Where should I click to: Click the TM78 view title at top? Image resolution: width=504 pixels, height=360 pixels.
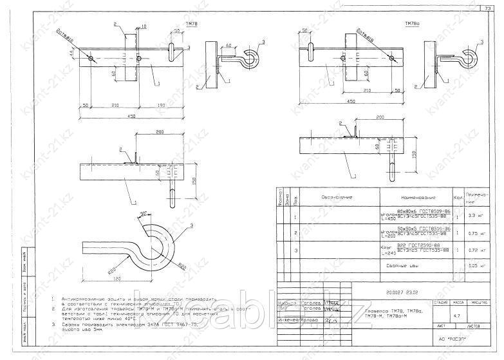191,23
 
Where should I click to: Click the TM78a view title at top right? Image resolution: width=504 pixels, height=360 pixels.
412,23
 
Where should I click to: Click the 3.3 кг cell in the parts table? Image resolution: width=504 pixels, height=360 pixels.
476,216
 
